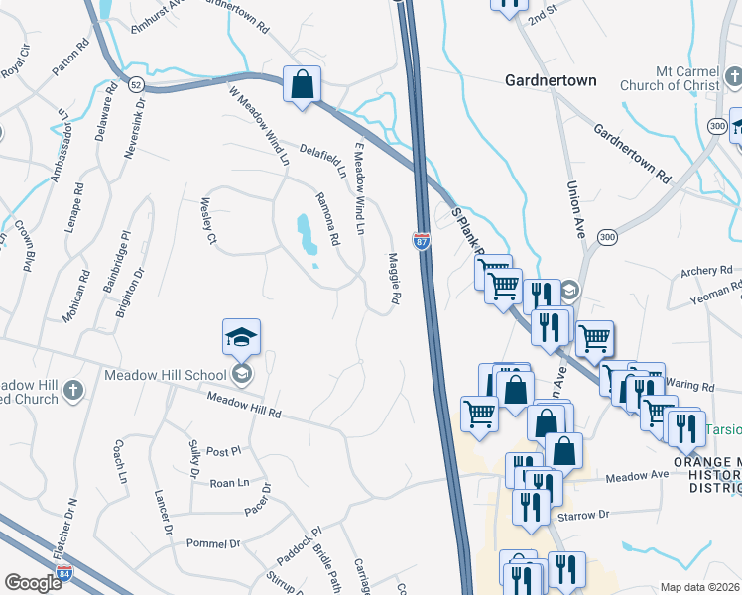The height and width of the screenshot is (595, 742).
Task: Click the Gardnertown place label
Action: coord(551,80)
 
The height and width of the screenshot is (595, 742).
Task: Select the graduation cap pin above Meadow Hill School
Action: coord(241,339)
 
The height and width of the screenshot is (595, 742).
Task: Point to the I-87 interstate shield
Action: coord(421,241)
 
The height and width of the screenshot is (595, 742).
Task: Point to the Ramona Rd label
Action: coord(328,218)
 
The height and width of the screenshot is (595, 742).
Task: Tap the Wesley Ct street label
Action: coord(209,218)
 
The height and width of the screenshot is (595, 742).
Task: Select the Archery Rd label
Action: coord(706,271)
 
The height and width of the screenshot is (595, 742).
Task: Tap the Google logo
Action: coord(33,583)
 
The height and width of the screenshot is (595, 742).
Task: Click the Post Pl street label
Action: coord(216,450)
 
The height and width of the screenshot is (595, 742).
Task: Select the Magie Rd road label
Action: coord(393,278)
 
